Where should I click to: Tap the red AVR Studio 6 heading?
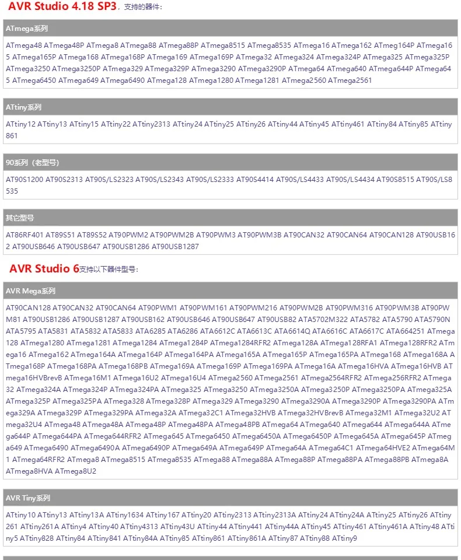click(44, 268)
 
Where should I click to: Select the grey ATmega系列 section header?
click(27, 28)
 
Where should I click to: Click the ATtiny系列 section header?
click(24, 107)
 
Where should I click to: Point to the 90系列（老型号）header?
click(33, 162)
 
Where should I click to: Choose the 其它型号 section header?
click(20, 218)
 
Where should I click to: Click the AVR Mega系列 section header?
click(30, 290)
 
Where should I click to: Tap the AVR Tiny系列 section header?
click(28, 498)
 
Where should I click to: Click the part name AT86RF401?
click(25, 235)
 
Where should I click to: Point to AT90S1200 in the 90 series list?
click(25, 180)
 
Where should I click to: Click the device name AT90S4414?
click(255, 180)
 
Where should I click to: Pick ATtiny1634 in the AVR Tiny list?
click(125, 515)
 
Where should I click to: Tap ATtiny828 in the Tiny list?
click(37, 538)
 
